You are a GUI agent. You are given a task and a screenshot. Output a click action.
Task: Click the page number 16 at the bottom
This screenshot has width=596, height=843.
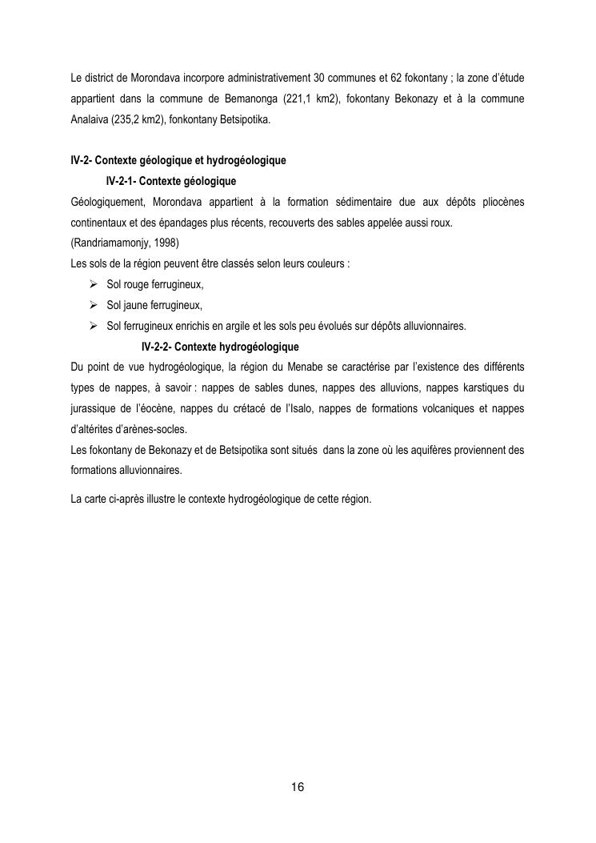pyautogui.click(x=298, y=786)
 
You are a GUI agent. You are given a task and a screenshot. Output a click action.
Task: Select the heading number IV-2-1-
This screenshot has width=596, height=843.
pyautogui.click(x=125, y=181)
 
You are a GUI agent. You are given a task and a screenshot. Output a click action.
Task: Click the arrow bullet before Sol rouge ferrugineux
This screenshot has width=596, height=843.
pyautogui.click(x=94, y=284)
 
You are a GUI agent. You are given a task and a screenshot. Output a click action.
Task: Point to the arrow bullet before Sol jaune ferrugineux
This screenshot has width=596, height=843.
pyautogui.click(x=94, y=305)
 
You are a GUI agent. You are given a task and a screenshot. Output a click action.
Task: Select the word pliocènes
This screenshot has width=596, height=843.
pyautogui.click(x=501, y=202)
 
